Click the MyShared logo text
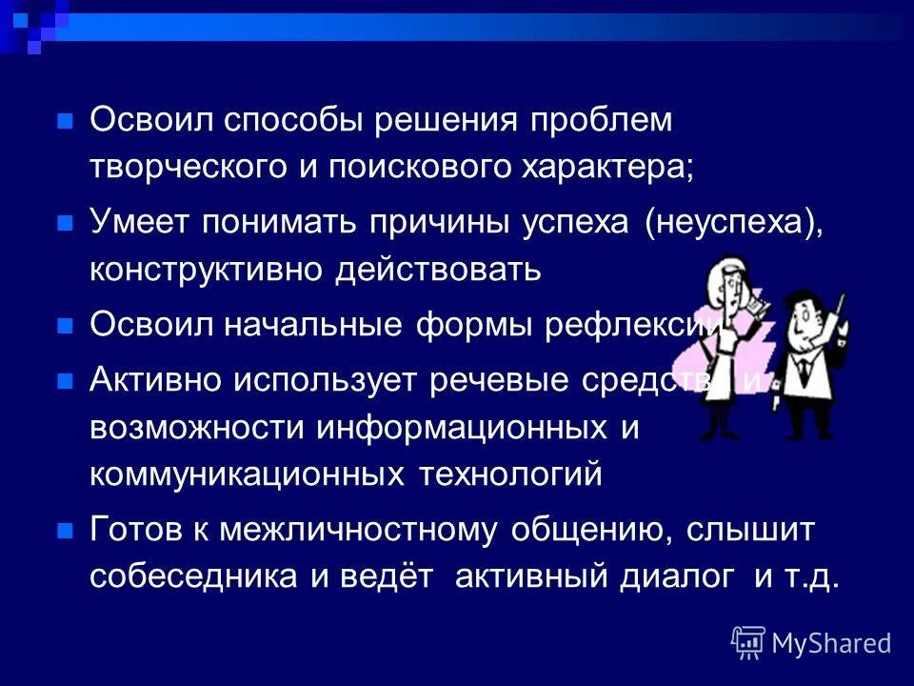coord(830,643)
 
